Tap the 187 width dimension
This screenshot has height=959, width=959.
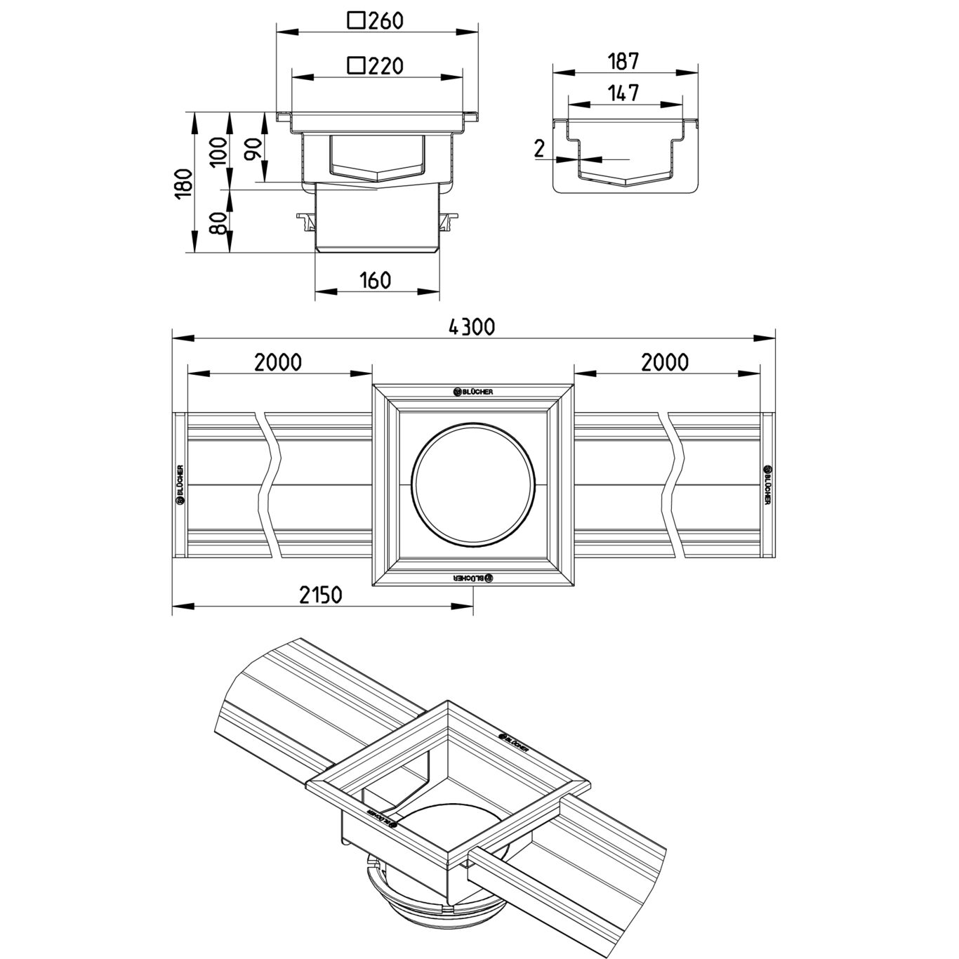coord(623,61)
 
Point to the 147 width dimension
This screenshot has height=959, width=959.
coord(623,93)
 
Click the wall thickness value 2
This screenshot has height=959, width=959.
coord(539,149)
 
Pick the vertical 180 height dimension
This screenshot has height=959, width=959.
coord(184,183)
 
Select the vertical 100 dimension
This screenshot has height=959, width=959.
coord(219,152)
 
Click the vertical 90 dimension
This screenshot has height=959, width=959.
coord(253,149)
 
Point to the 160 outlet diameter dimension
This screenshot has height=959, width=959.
coord(375,280)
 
